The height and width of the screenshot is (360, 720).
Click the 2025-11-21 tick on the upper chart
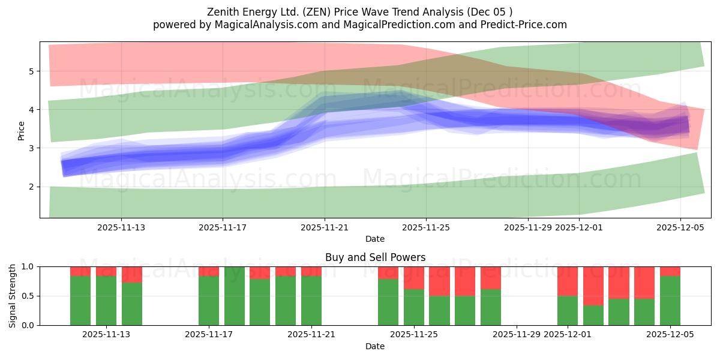coord(325,227)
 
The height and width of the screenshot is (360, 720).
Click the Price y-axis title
coord(22,130)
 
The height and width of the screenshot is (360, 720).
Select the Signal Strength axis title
coord(13,296)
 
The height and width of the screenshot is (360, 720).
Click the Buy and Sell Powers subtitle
coord(375,257)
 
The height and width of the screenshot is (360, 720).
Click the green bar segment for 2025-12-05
coord(670,300)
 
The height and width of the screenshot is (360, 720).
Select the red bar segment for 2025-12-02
coord(593,286)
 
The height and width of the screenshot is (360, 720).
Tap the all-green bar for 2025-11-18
coord(235,296)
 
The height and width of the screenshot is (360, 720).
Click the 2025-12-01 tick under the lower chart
coord(580,335)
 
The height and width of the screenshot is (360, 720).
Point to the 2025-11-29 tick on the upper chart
coord(528,227)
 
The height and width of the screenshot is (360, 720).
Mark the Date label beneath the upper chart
coord(375,239)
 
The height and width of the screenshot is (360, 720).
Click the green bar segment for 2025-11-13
coord(106,300)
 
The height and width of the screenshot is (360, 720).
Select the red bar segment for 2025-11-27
coord(465,281)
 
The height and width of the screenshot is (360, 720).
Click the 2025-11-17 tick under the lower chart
coord(209,335)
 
